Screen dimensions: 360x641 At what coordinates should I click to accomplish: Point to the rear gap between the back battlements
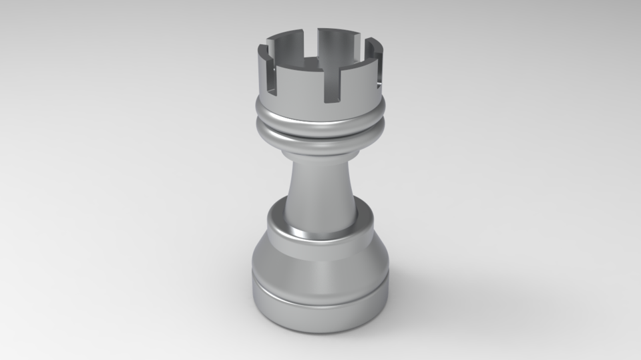pyautogui.click(x=315, y=41)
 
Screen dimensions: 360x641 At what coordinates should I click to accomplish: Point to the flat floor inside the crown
pyautogui.click(x=314, y=64)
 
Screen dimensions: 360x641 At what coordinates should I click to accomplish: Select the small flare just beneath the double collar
pyautogui.click(x=320, y=153)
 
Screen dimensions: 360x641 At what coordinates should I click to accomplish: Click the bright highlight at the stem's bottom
pyautogui.click(x=314, y=234)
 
